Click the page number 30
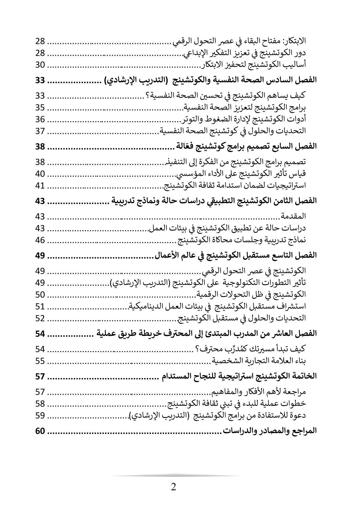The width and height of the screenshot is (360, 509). (40, 65)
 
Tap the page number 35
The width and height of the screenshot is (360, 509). (40, 108)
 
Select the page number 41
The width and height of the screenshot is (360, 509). (40, 185)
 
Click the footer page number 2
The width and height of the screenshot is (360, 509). (173, 487)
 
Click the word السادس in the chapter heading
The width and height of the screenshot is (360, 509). (285, 81)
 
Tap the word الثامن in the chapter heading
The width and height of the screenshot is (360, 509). (286, 201)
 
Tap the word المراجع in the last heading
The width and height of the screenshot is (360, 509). (304, 431)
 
